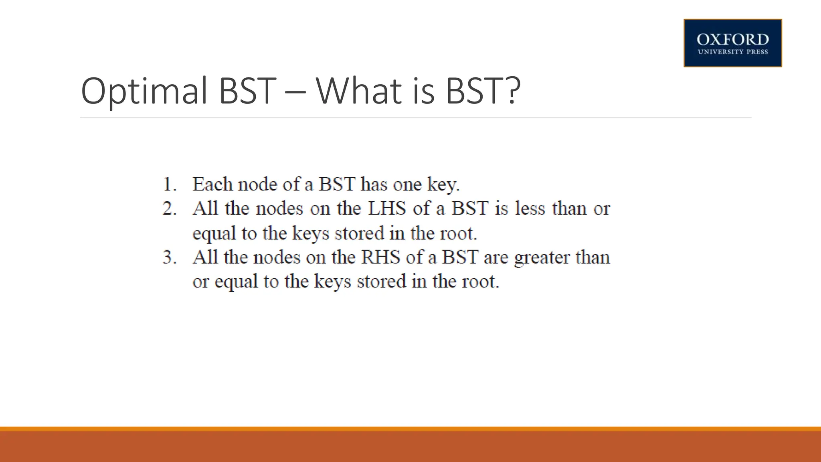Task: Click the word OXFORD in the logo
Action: [x=732, y=40]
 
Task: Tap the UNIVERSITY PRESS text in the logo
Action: [x=732, y=52]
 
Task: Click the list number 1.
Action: [x=169, y=184]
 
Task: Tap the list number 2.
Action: [x=169, y=209]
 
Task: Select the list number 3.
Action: [x=169, y=257]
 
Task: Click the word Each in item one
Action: [x=212, y=184]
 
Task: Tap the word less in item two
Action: [x=530, y=208]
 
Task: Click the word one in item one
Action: [x=407, y=185]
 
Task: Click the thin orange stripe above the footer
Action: [x=410, y=429]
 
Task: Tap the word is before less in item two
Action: [x=501, y=208]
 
